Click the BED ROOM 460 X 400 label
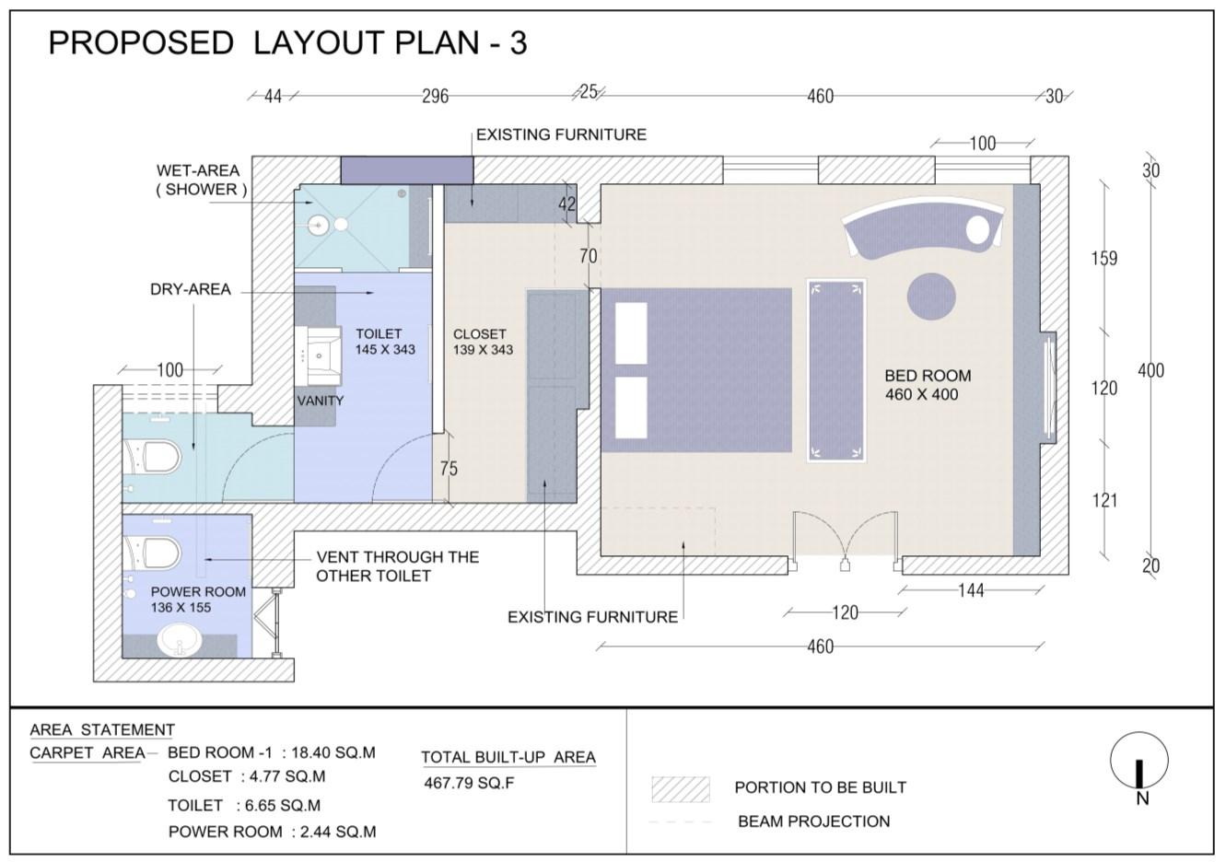928,385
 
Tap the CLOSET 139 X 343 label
483,342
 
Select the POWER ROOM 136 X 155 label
198,600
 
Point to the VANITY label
321,401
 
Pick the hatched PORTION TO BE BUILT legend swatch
681,789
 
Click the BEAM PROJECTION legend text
814,821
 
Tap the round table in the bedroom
931,297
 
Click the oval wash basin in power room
180,640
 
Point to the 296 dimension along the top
435,97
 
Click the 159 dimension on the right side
1104,259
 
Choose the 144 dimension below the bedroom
971,590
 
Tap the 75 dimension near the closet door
449,469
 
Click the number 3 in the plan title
519,43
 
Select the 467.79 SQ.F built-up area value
469,783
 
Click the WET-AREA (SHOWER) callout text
200,180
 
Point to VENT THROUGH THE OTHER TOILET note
397,566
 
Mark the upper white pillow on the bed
631,332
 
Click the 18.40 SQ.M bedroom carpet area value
333,752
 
